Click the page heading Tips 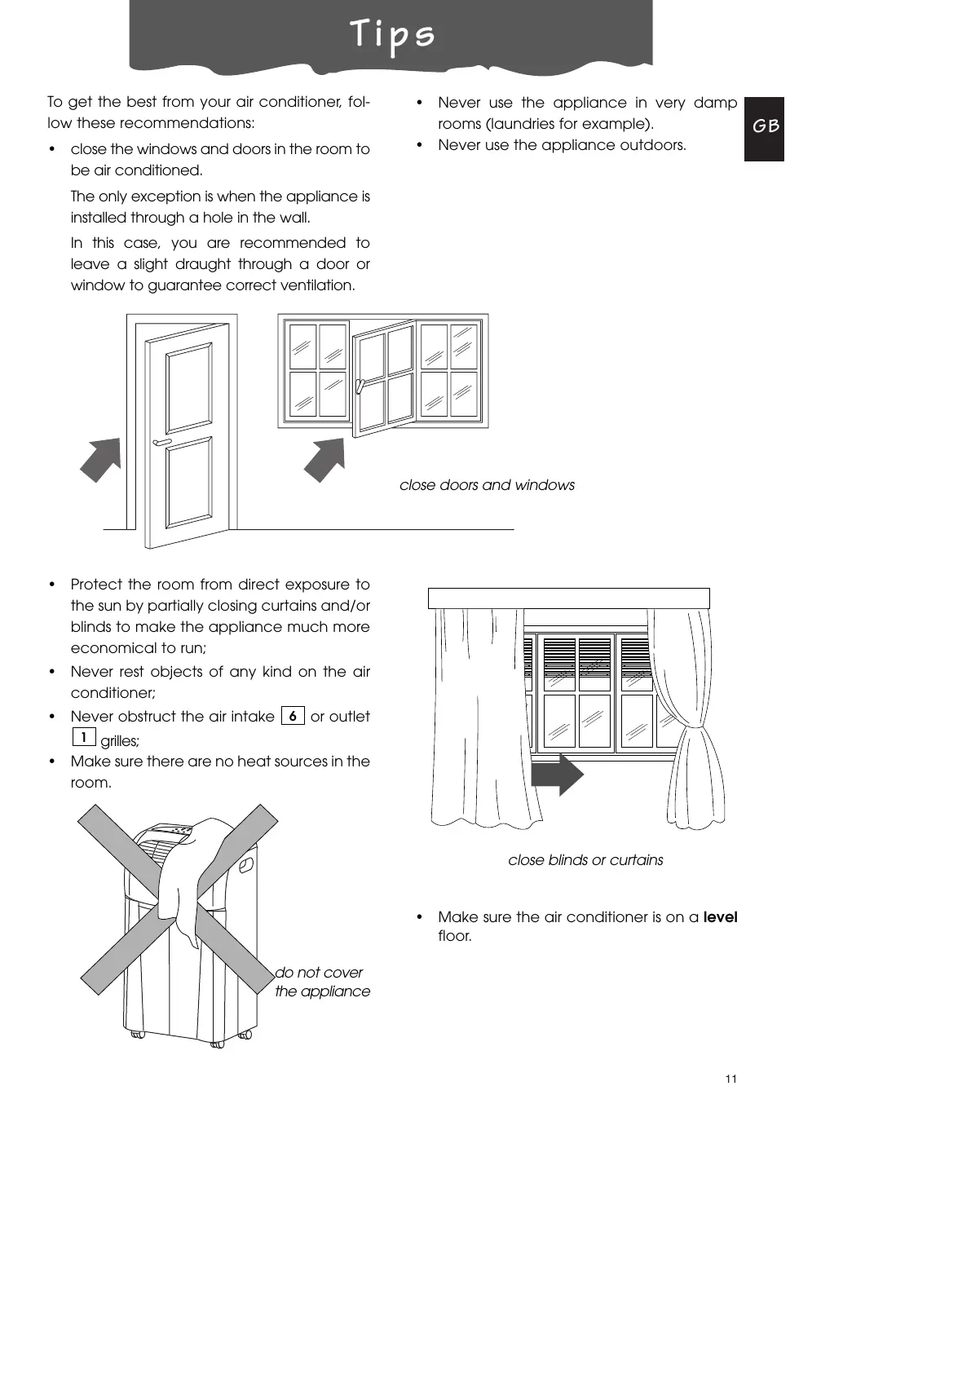point(392,35)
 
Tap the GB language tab point(765,126)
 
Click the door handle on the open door point(161,443)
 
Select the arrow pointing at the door point(101,459)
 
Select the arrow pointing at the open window point(325,459)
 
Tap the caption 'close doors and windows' point(487,485)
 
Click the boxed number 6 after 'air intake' point(292,716)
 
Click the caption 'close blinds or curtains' point(585,860)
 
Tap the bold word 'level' point(720,917)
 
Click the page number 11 point(730,1079)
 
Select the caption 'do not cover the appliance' point(322,982)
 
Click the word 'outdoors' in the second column point(653,145)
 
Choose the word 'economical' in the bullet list point(110,648)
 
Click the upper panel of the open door point(189,389)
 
